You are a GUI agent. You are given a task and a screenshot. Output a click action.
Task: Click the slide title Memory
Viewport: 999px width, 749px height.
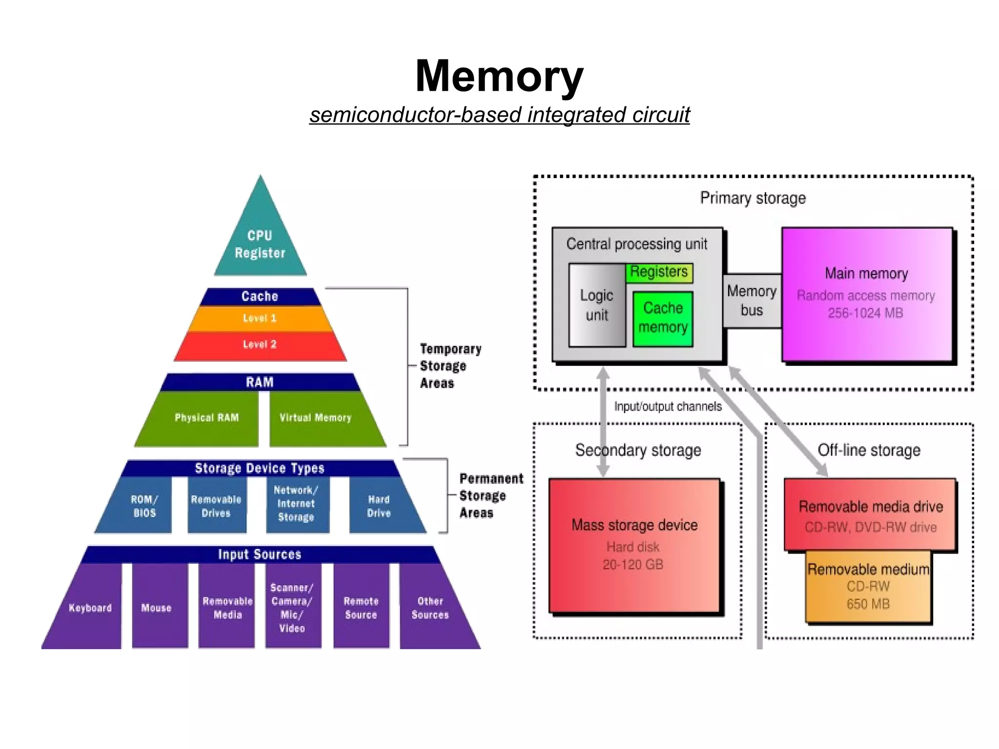click(x=499, y=76)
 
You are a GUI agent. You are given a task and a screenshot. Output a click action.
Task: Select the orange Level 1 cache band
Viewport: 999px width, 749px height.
click(x=260, y=318)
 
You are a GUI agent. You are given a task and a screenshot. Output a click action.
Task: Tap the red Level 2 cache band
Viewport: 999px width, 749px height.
click(x=260, y=345)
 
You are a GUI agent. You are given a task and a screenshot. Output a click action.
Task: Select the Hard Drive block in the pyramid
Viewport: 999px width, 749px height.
click(x=380, y=506)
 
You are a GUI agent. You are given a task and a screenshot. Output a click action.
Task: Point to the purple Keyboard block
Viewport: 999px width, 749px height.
click(x=90, y=608)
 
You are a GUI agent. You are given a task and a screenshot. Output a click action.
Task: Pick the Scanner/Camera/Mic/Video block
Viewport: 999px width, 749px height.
click(x=292, y=608)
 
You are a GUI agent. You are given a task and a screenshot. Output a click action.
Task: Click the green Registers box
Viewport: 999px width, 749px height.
click(x=659, y=272)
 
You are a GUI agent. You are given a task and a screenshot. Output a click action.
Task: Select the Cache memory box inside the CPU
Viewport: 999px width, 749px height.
click(x=663, y=318)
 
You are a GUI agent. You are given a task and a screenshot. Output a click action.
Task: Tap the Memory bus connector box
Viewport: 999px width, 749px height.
click(x=752, y=301)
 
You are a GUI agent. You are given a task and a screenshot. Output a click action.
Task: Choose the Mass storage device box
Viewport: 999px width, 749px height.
click(x=634, y=545)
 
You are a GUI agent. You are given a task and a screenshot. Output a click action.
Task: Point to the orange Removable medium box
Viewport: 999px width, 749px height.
click(x=868, y=587)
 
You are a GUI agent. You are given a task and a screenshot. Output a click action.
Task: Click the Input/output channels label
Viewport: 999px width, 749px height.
click(x=667, y=407)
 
